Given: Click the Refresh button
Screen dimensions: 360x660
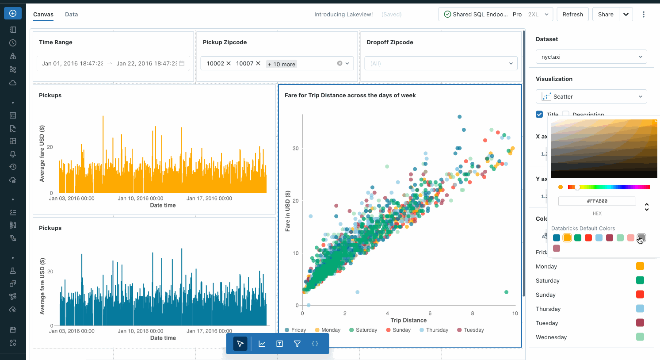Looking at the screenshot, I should coord(572,14).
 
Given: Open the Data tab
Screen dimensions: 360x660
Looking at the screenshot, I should coord(71,14).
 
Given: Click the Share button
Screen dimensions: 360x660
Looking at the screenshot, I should coord(605,14).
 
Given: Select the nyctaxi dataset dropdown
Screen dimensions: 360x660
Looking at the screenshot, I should coord(591,57).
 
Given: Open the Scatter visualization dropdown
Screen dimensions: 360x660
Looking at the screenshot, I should coord(591,96).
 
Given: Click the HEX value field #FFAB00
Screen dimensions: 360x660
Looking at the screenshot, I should coord(597,201).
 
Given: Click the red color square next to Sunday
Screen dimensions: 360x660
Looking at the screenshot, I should coord(640,295).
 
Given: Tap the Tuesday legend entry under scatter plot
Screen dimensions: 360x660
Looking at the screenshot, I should coord(470,330).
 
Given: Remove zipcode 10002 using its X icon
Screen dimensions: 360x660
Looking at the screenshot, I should coord(229,63).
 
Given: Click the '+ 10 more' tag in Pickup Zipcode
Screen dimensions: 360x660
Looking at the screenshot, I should coord(282,64).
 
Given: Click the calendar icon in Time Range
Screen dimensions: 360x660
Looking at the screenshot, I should coord(182,63).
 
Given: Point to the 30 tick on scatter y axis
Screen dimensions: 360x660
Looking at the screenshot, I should coord(295,149).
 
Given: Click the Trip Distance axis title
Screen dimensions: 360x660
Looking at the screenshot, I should coord(408,320).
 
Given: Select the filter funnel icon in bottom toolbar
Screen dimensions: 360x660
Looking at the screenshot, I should coord(297,344).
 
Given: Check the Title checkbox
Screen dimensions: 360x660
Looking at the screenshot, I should coord(539,115).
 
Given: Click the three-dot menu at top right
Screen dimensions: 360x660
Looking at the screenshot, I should coord(643,14).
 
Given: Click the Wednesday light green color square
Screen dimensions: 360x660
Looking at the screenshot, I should coord(640,337).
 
